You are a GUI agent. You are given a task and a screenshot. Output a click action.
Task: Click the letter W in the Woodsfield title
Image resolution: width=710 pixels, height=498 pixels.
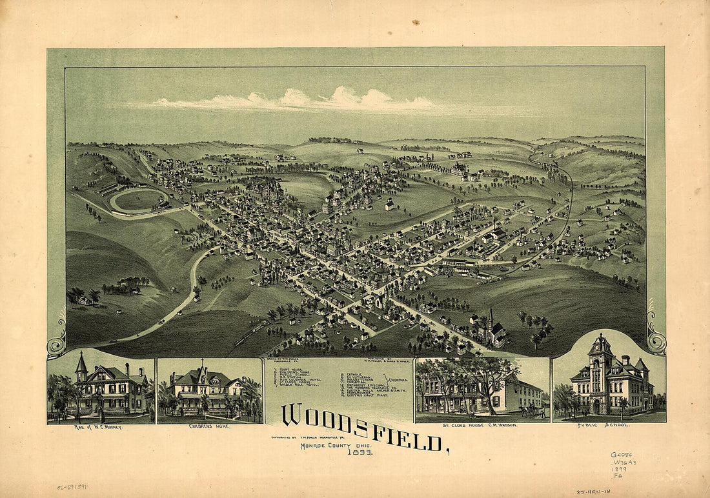292,416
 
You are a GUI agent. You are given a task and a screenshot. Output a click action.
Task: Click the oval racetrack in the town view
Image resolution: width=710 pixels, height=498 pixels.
139,200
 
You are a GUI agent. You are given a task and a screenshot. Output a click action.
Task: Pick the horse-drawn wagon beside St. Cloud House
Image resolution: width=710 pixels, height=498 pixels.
532,410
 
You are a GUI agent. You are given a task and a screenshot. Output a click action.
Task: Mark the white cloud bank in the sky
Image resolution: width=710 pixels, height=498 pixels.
303,100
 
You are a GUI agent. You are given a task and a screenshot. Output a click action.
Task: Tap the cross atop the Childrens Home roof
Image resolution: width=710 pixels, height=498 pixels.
202,362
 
